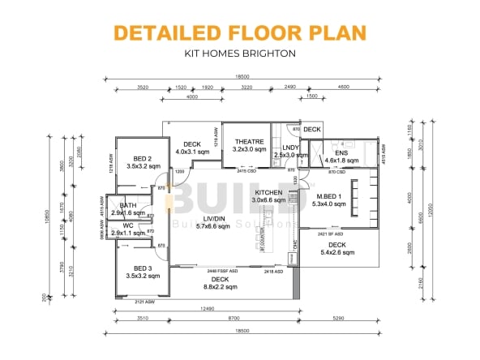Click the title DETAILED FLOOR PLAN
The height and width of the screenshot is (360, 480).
(239, 32)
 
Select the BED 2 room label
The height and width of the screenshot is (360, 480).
(140, 158)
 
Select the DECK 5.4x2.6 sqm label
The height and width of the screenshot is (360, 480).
(337, 248)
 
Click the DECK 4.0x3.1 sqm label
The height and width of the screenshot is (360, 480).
(192, 147)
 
